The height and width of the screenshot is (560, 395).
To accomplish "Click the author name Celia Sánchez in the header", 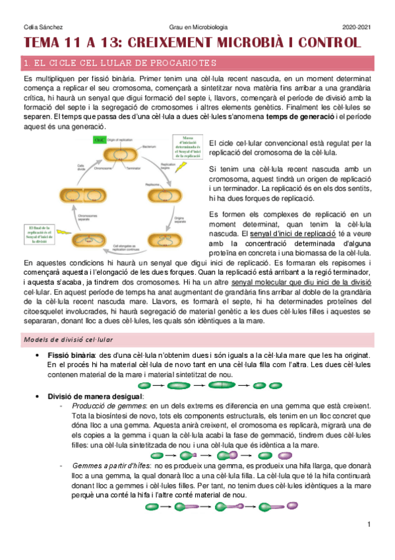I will point(39,26).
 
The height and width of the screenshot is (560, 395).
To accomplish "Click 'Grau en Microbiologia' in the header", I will point(198,26).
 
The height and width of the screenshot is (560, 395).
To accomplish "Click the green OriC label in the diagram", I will point(100,140).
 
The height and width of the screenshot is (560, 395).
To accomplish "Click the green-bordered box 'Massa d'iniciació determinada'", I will point(187,147).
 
